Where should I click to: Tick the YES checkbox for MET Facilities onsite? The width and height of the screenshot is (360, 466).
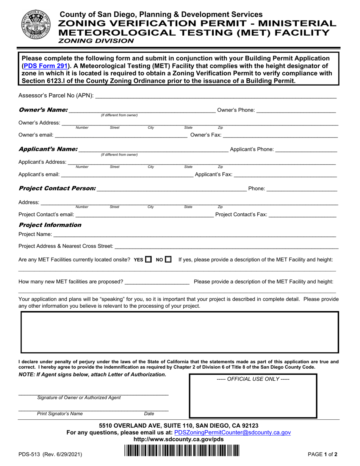[x=149, y=260]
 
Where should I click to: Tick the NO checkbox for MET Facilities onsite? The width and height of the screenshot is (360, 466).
[x=168, y=260]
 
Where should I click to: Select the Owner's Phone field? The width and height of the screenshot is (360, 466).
[x=296, y=110]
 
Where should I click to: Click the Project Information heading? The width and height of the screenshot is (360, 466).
[x=50, y=225]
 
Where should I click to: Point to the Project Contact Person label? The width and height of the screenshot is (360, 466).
[x=57, y=189]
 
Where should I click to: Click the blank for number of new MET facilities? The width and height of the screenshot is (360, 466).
[x=157, y=281]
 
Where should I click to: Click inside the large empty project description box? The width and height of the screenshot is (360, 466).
[x=180, y=332]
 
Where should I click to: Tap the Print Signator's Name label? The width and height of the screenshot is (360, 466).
[x=59, y=414]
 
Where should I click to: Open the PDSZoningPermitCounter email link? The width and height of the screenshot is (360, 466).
[x=232, y=432]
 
